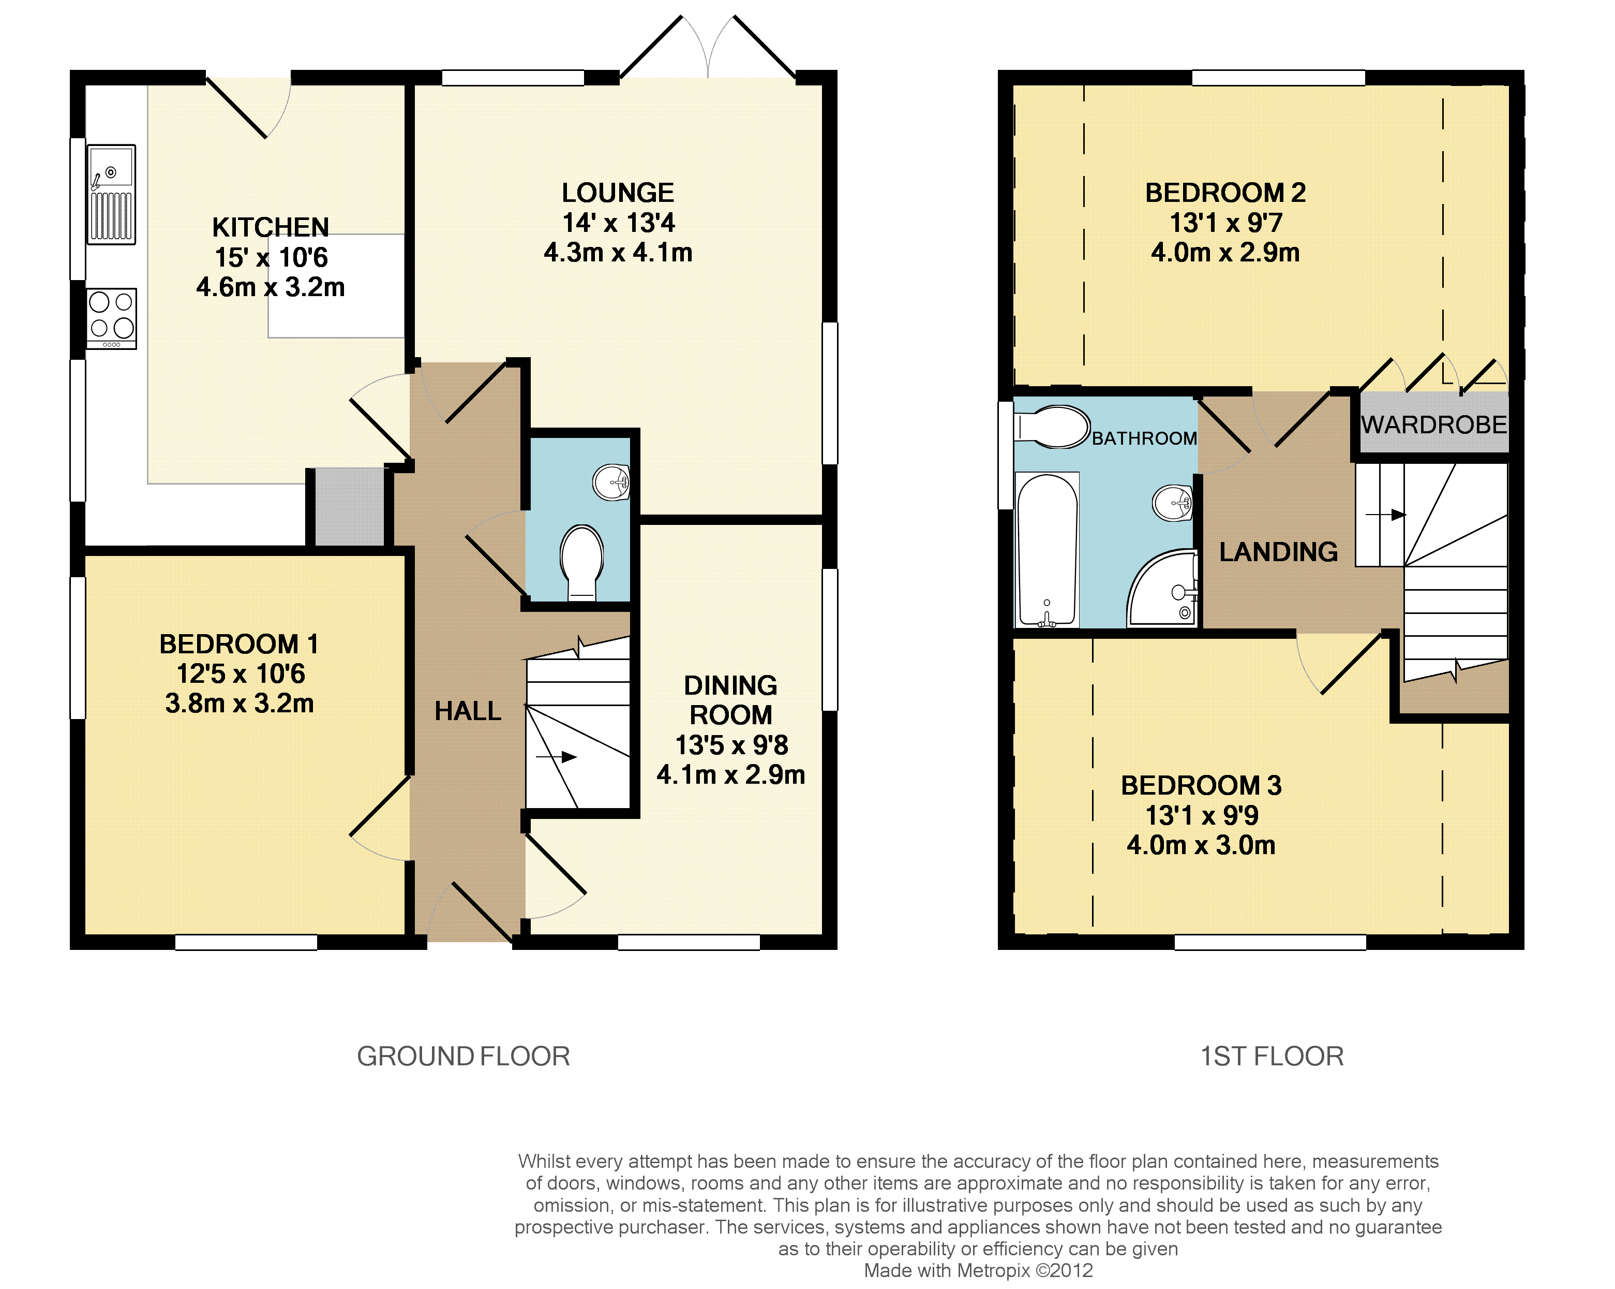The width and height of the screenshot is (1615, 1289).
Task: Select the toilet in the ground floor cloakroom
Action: click(581, 562)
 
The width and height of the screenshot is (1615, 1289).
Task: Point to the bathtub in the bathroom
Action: click(1047, 549)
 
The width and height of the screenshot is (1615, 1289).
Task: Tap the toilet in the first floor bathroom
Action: click(1052, 427)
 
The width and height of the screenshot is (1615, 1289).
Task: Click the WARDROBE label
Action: click(1434, 425)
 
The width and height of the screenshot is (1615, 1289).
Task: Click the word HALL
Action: click(468, 710)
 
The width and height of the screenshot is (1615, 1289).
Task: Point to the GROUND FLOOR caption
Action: click(463, 1056)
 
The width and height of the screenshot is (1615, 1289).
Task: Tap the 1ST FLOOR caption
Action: click(1272, 1056)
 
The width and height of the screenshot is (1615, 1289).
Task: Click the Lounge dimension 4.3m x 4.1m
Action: click(618, 253)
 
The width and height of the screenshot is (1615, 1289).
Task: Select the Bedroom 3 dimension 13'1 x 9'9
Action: click(1202, 815)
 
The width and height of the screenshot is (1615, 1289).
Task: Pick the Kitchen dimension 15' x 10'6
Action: click(271, 257)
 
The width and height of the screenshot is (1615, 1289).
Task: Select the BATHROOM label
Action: click(1144, 438)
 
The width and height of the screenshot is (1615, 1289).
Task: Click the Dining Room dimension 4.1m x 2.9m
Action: click(731, 774)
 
